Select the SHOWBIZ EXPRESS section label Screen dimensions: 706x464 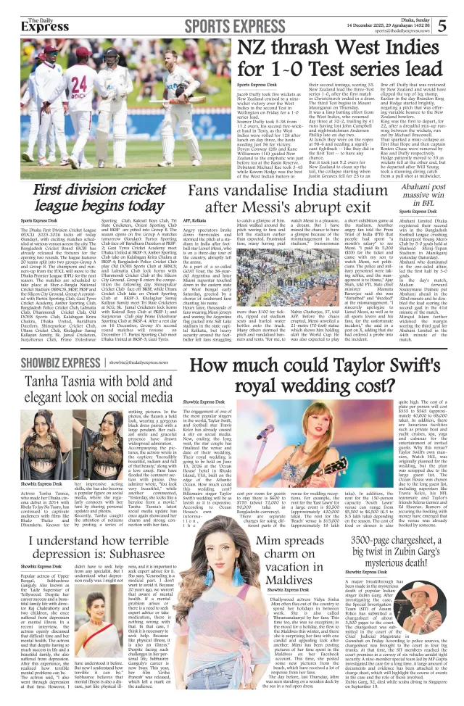point(60,362)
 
